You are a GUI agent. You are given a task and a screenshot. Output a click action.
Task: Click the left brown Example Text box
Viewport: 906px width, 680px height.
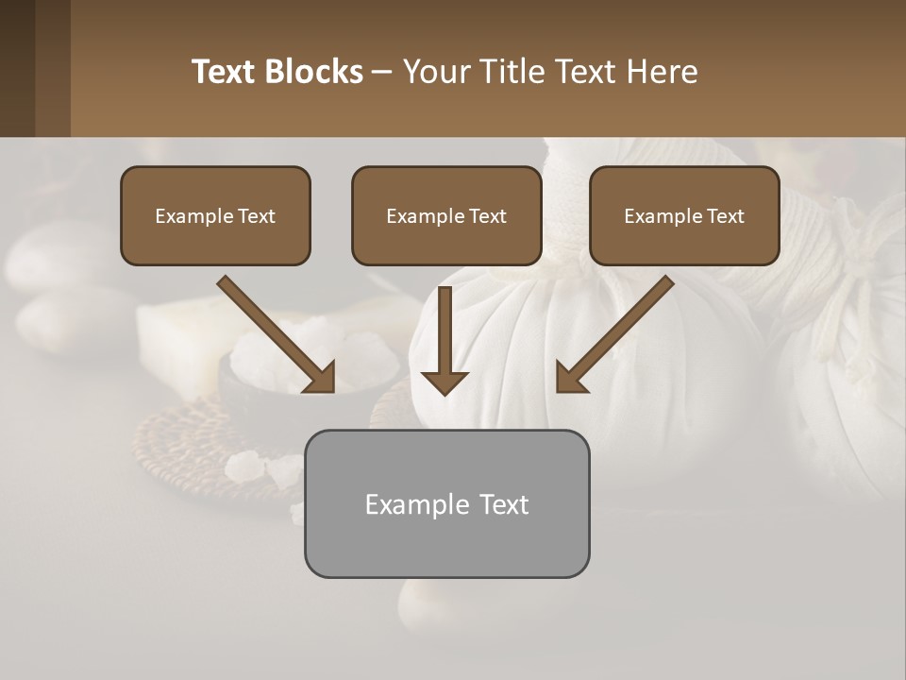click(215, 215)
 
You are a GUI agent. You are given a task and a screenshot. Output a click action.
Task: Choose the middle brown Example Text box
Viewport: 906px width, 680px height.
click(446, 215)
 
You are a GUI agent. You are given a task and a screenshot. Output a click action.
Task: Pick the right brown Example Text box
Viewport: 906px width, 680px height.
click(684, 215)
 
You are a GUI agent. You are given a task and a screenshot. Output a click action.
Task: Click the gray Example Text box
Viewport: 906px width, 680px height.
click(446, 503)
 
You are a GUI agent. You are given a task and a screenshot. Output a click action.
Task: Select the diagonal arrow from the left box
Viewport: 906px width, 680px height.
click(274, 332)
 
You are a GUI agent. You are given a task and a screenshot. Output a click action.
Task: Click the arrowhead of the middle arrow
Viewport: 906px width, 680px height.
click(445, 382)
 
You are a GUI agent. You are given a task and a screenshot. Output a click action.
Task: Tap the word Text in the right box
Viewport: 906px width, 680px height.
click(726, 216)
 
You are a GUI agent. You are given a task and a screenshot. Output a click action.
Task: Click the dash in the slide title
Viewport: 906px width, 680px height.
click(382, 72)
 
